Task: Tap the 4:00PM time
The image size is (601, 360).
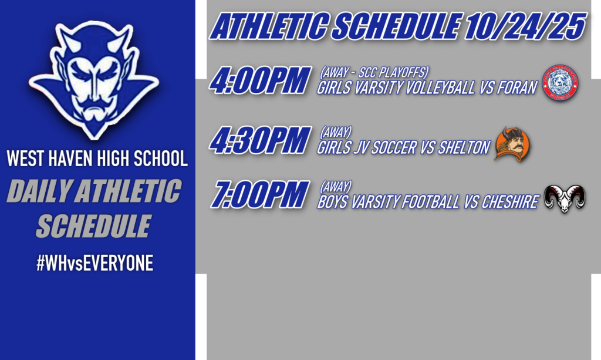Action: [x=260, y=81]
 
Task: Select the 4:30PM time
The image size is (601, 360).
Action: [x=260, y=140]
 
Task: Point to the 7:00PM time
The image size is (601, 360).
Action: [x=260, y=195]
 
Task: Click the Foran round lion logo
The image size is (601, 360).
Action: [x=559, y=82]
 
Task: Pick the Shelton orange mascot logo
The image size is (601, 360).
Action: [x=511, y=143]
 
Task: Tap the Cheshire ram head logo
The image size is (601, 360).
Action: [x=563, y=198]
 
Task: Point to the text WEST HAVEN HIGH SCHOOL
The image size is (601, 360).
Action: [x=97, y=159]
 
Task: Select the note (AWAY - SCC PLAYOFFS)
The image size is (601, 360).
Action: [x=374, y=73]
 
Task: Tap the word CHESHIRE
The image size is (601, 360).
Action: [x=509, y=203]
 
